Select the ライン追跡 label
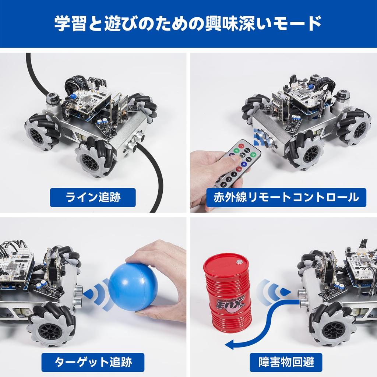click(x=93, y=198)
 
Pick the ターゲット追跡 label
click(x=93, y=362)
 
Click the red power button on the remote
click(x=242, y=146)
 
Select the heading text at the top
click(x=188, y=23)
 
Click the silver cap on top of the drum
click(x=240, y=262)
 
